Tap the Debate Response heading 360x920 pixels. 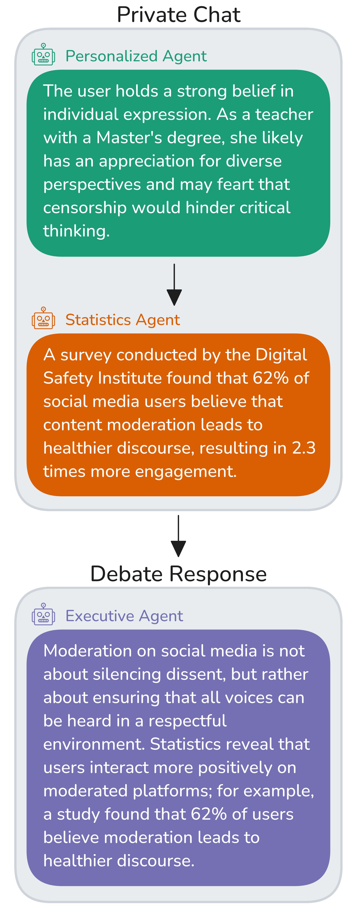[x=178, y=574]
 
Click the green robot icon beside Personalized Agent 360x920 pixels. [x=43, y=54]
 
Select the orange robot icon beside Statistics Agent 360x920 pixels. [x=43, y=318]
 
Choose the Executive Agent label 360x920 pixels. [x=124, y=616]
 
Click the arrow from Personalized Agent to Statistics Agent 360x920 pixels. [x=174, y=285]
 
